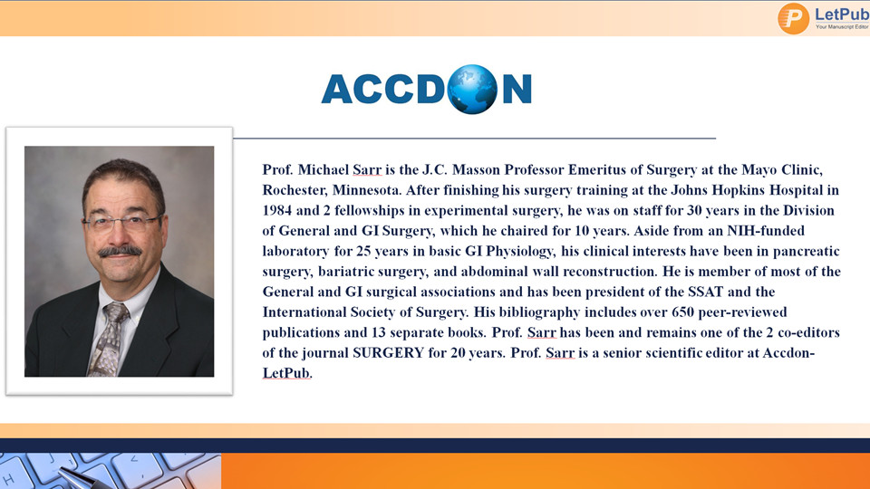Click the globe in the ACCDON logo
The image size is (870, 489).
[472, 90]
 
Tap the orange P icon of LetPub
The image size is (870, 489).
[794, 19]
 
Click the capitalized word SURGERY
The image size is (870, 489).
[388, 353]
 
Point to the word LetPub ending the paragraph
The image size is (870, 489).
[285, 373]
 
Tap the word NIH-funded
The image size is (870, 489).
[766, 231]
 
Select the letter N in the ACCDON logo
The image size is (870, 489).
[517, 90]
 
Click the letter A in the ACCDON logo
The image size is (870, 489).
[337, 90]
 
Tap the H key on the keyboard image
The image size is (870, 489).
[9, 479]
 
